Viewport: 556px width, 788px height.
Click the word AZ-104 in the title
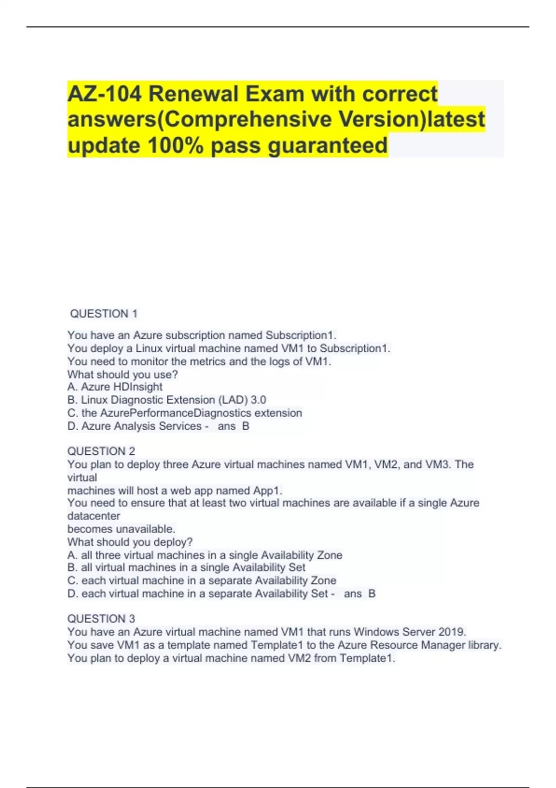[x=104, y=94]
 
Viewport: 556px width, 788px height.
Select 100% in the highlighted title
[x=175, y=146]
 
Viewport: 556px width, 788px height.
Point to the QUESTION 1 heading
[x=104, y=314]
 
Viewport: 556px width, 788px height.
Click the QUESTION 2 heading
[x=101, y=451]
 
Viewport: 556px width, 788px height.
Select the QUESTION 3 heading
[x=101, y=619]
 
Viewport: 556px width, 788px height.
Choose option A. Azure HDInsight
[x=115, y=387]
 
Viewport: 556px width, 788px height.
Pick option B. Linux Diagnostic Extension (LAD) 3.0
[x=167, y=400]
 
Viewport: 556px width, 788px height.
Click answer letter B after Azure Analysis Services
[x=246, y=426]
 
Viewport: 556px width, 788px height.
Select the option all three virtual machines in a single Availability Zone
[x=205, y=555]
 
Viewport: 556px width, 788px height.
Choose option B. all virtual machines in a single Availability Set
[x=186, y=568]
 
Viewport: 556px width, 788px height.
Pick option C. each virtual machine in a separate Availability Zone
[x=202, y=581]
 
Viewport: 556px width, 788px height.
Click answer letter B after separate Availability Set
[x=372, y=594]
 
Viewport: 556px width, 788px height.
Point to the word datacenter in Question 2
[x=94, y=516]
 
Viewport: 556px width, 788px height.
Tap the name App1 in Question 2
[x=267, y=490]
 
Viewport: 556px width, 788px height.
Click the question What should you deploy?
[x=130, y=542]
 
